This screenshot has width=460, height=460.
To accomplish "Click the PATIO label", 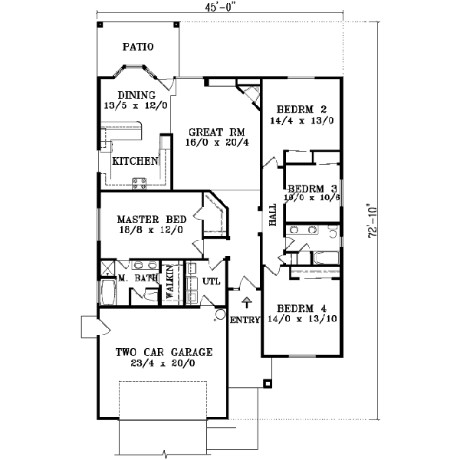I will (138, 47).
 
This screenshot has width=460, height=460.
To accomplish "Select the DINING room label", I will (136, 95).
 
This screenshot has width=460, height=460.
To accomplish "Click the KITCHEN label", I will (136, 162).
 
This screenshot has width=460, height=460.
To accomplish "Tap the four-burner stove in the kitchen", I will (141, 182).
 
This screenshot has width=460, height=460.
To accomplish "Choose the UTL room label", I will (212, 281).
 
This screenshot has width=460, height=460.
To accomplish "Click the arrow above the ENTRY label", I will (246, 301).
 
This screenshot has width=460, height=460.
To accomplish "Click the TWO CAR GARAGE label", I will (163, 352).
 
